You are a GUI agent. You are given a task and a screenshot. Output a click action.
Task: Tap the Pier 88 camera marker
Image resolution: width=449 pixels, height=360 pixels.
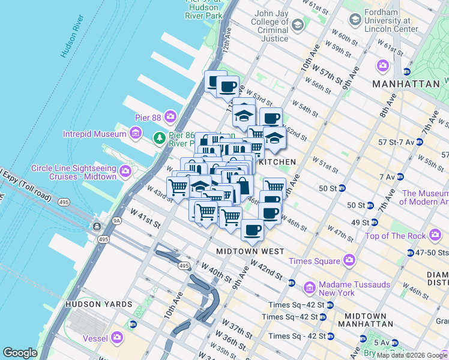170,115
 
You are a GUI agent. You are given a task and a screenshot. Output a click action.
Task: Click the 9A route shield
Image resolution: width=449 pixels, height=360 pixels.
117,221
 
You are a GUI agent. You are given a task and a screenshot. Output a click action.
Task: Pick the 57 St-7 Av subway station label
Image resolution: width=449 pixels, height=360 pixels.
393,142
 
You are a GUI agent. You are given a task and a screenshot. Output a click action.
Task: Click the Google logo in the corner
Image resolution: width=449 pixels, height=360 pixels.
20,353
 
